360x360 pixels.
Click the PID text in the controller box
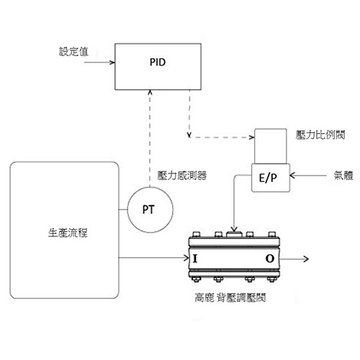[158, 62]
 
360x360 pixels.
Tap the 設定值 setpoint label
[73, 52]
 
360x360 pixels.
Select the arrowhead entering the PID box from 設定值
[112, 63]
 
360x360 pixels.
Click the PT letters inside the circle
[148, 210]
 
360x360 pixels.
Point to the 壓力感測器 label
[182, 176]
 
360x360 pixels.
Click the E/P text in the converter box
[268, 178]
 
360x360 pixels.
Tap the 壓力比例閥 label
[320, 135]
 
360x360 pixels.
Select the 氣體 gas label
[343, 176]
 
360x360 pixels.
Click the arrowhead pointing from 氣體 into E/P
[292, 176]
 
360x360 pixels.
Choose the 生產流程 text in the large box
[68, 233]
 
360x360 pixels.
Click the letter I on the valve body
[195, 258]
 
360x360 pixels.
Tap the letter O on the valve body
[270, 258]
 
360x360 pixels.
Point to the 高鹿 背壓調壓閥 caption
[230, 298]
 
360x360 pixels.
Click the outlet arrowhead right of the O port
[306, 258]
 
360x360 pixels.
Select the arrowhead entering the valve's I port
[186, 258]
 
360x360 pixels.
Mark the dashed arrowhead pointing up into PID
[150, 92]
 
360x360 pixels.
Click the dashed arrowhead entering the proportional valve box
[252, 138]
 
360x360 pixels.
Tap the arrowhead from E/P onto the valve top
[234, 229]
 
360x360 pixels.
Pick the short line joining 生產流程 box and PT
[123, 210]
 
